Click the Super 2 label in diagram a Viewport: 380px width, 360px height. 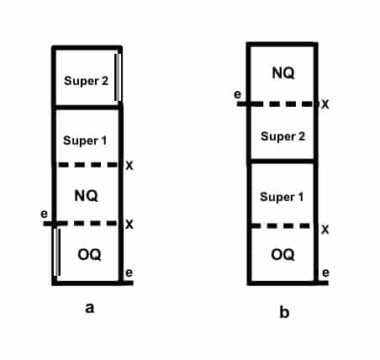click(x=86, y=82)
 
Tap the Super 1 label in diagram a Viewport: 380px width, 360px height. click(x=85, y=140)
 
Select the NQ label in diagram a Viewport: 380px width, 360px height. click(x=87, y=195)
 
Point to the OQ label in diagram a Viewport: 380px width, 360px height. click(x=89, y=255)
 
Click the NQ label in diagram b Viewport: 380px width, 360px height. click(x=283, y=73)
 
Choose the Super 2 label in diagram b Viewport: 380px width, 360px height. click(x=282, y=136)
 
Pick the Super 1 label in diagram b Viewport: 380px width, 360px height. click(x=282, y=197)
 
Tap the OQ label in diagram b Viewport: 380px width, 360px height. click(x=282, y=255)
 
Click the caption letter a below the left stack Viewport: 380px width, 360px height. click(x=90, y=308)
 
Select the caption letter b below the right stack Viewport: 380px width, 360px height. click(x=284, y=311)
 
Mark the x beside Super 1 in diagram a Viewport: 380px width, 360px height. click(x=129, y=166)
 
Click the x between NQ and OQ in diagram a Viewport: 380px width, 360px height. click(x=129, y=225)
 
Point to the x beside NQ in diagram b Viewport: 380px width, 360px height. click(x=325, y=104)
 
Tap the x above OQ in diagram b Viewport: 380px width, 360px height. click(x=325, y=230)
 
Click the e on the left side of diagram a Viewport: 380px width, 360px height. click(x=45, y=214)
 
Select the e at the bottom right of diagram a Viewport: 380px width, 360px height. click(x=129, y=273)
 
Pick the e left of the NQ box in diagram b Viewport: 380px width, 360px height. click(x=237, y=94)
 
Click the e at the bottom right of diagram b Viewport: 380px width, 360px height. click(x=325, y=273)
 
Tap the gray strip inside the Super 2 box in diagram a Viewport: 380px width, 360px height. click(x=119, y=77)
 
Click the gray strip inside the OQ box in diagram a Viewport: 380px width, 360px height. click(x=57, y=252)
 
